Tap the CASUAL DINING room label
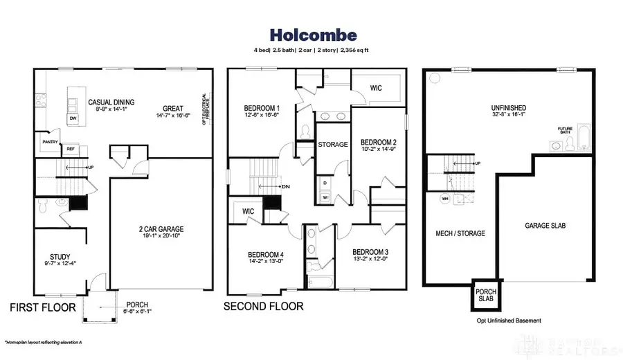point(111,102)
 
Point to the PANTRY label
point(50,142)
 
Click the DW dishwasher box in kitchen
point(73,118)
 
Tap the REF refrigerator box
point(71,148)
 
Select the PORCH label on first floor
point(137,305)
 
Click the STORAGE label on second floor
point(332,145)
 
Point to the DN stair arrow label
point(285,187)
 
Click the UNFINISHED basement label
point(509,108)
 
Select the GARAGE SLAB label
point(543,225)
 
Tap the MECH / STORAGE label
point(460,233)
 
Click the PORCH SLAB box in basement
point(485,295)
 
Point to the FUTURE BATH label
point(566,130)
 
